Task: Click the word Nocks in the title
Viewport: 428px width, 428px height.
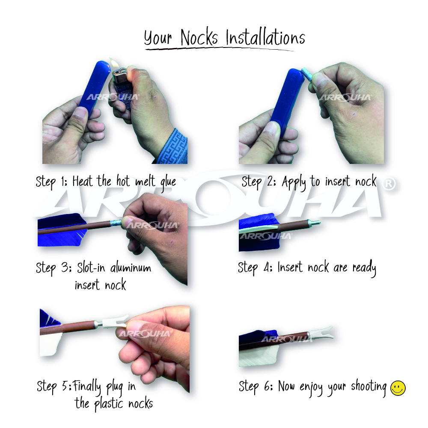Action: pos(199,37)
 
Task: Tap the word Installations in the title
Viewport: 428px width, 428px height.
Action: pos(265,38)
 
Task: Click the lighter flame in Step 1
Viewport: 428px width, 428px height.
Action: pos(114,63)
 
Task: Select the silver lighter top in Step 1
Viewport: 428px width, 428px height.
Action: pos(119,75)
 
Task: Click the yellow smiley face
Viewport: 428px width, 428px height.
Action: pos(398,388)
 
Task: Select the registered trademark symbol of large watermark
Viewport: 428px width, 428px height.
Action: pos(389,184)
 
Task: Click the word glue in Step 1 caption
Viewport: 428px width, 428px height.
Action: pos(168,182)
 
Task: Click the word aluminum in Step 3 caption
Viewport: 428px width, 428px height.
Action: pos(131,267)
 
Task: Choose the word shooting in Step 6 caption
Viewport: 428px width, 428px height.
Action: pos(369,387)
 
